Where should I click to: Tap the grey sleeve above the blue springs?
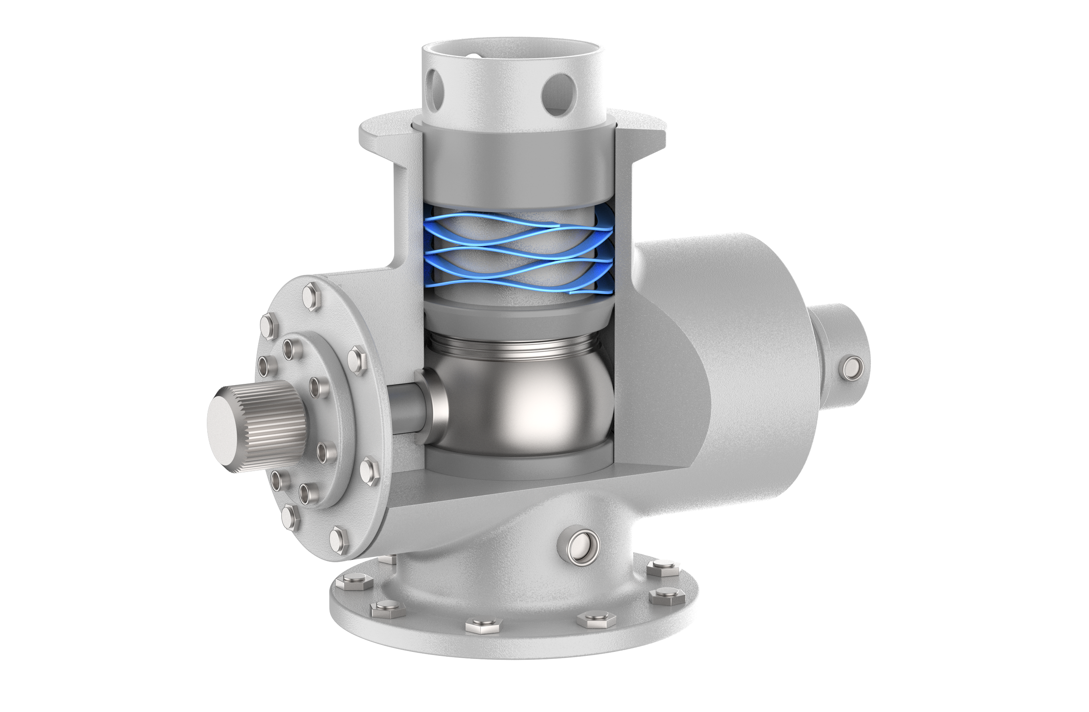pos(517,165)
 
